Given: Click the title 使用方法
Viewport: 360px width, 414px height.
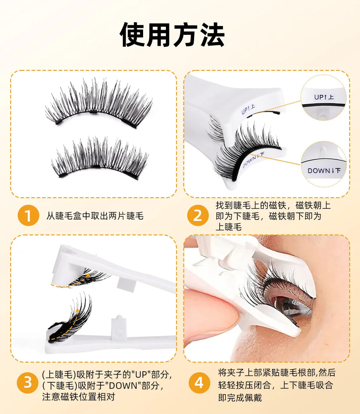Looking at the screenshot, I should click(172, 35).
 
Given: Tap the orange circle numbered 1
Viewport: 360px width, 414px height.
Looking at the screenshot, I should click(28, 216).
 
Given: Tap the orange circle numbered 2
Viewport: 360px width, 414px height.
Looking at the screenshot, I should click(198, 216).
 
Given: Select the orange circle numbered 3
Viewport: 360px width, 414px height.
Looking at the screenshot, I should click(28, 382).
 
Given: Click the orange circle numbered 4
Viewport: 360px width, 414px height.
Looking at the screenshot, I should click(199, 382).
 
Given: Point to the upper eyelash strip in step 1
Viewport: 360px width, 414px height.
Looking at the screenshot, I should click(98, 104).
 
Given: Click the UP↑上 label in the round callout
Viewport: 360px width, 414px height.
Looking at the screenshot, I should click(324, 97).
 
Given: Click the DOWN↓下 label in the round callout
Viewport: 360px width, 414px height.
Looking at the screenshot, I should click(324, 171).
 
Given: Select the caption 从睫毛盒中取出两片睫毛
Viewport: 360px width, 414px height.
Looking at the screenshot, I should click(95, 216).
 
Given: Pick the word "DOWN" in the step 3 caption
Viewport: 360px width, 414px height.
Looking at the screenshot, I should click(120, 386).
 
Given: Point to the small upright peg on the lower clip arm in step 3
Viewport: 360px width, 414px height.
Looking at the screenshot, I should click(118, 324).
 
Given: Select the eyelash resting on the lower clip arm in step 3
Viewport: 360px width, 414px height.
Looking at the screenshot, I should click(70, 320).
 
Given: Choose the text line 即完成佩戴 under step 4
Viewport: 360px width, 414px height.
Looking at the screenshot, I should click(240, 398).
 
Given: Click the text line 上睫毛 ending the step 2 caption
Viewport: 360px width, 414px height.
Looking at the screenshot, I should click(229, 227).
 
